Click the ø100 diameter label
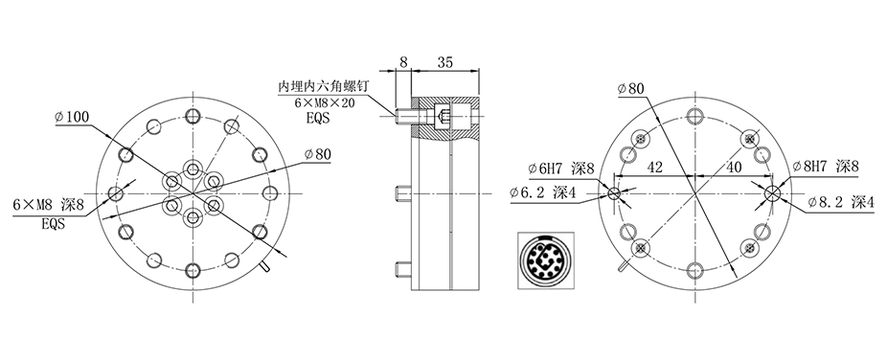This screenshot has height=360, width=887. click(x=72, y=117)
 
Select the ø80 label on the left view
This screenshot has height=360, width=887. click(x=317, y=153)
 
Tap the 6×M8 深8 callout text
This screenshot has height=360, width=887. click(x=48, y=205)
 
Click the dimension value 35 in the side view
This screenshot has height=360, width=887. click(x=445, y=62)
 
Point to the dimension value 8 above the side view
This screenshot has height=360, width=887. click(x=403, y=62)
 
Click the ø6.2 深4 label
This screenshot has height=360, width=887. click(x=542, y=193)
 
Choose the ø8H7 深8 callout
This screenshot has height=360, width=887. click(x=826, y=167)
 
